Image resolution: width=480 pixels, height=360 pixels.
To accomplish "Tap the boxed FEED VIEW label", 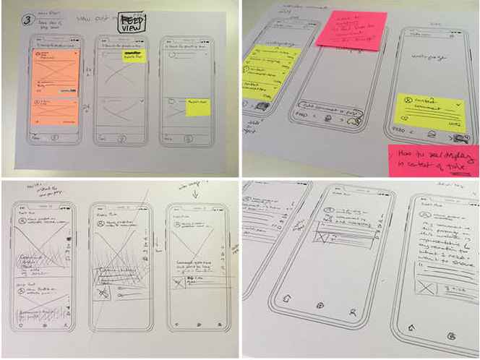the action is click(x=132, y=22).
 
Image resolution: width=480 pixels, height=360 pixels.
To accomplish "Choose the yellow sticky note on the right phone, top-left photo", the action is click(x=196, y=107).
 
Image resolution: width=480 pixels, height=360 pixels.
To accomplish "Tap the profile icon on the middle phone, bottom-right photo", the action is click(x=351, y=313).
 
